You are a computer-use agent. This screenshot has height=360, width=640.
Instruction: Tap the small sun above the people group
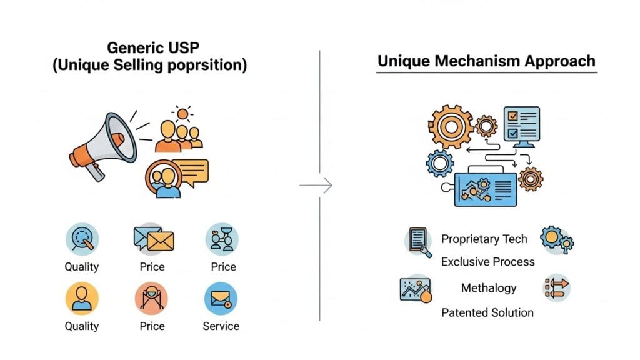pos(182,114)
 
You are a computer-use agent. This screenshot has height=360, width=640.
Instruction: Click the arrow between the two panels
pos(316,185)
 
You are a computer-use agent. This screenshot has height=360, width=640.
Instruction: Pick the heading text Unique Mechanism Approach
pos(486,62)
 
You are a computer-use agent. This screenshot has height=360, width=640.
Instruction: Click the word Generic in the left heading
pos(130,47)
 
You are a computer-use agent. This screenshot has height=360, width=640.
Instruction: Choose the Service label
pos(221,326)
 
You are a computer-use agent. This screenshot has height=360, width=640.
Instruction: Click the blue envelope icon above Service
pos(221,299)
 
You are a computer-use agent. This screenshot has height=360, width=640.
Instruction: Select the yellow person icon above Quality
pos(82,299)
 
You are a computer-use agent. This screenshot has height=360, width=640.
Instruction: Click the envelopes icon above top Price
pos(152,239)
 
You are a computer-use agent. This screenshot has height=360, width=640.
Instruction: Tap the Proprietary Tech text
pos(484,239)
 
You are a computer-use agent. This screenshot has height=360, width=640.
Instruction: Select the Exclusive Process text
pos(488,262)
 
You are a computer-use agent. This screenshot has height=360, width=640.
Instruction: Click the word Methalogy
pos(489,288)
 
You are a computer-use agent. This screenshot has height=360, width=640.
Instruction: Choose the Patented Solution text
pos(487,312)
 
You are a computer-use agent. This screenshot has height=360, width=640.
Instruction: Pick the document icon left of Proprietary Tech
pos(417,241)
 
